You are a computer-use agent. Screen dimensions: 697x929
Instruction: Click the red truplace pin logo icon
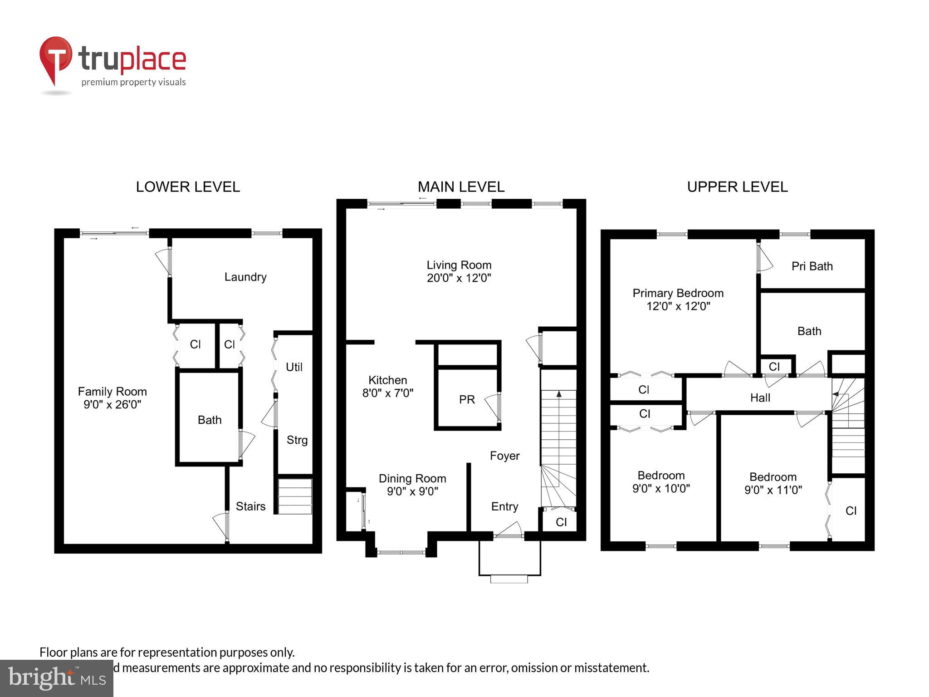55,59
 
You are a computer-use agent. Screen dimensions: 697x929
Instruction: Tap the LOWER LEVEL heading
188,187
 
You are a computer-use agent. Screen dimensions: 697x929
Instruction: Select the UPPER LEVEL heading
737,187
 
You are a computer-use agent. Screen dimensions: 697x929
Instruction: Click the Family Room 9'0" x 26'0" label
112,398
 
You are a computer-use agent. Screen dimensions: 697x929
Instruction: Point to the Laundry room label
245,277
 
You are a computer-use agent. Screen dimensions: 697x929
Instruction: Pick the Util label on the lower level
294,367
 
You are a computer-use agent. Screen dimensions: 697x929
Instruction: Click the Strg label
297,440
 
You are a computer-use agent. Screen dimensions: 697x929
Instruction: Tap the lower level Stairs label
250,506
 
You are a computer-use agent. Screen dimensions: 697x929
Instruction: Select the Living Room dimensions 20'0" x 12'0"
459,278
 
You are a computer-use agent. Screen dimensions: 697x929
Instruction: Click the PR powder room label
467,400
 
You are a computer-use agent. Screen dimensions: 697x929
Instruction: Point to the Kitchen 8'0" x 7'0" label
387,387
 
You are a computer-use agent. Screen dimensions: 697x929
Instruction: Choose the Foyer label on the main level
504,456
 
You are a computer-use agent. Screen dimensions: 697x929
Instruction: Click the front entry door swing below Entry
509,530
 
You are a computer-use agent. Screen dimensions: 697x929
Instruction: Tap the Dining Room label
412,479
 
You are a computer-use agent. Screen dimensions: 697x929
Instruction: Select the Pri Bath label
812,266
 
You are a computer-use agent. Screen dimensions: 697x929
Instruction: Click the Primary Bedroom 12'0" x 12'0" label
678,299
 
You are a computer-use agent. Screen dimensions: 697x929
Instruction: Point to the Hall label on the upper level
760,398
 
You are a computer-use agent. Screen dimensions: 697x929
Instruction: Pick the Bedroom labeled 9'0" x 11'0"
773,483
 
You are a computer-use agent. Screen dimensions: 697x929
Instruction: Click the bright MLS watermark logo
56,678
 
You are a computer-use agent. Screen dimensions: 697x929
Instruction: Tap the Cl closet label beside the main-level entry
561,522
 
